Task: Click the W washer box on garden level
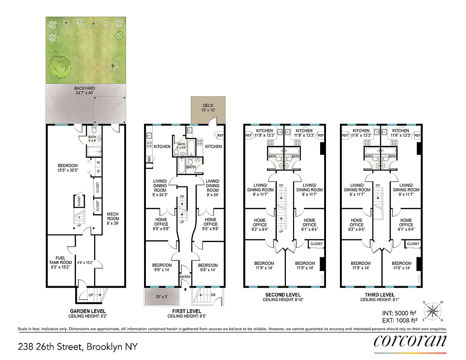99,162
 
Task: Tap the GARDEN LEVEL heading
88,311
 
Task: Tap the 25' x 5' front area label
162,297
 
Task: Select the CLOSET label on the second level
317,244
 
